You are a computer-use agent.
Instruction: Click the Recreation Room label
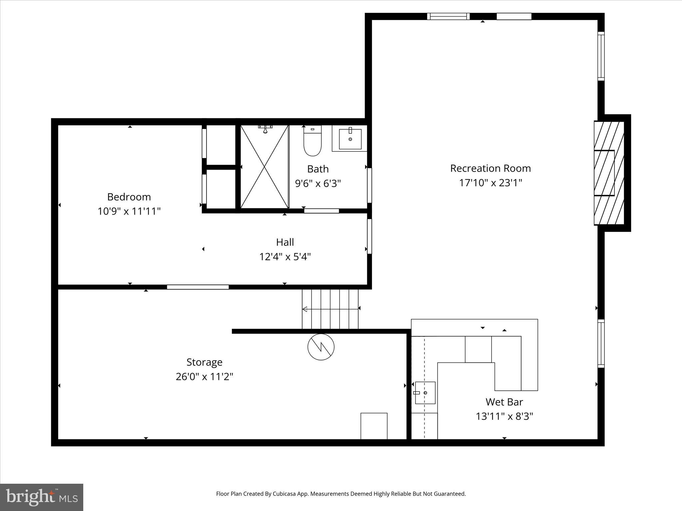pyautogui.click(x=490, y=168)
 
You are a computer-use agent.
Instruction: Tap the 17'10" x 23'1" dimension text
pyautogui.click(x=490, y=183)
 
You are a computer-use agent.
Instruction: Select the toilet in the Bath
pyautogui.click(x=312, y=141)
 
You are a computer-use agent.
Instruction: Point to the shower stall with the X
pyautogui.click(x=264, y=167)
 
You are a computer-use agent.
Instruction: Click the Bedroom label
pyautogui.click(x=129, y=197)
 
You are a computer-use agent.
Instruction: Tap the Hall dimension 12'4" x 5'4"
pyautogui.click(x=285, y=257)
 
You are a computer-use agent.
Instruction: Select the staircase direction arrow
pyautogui.click(x=330, y=309)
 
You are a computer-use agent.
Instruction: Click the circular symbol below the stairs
pyautogui.click(x=321, y=347)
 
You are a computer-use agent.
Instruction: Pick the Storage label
pyautogui.click(x=204, y=362)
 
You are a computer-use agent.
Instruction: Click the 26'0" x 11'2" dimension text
pyautogui.click(x=204, y=377)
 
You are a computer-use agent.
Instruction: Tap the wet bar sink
pyautogui.click(x=425, y=393)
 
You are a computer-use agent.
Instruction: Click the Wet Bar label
pyautogui.click(x=504, y=402)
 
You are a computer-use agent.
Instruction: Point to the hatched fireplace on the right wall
pyautogui.click(x=609, y=173)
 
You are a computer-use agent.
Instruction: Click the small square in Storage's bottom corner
pyautogui.click(x=374, y=426)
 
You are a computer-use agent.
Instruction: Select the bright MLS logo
pyautogui.click(x=42, y=497)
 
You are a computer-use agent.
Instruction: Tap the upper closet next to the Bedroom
pyautogui.click(x=220, y=145)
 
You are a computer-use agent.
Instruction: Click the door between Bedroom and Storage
pyautogui.click(x=198, y=287)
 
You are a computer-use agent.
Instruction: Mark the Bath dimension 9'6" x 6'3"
pyautogui.click(x=318, y=183)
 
